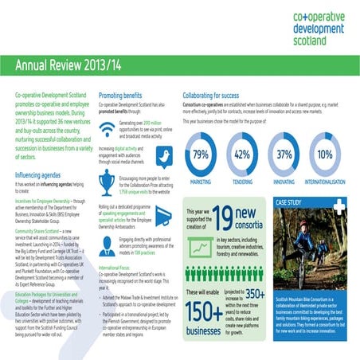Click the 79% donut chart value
pos(201,155)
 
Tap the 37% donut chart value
pos(284,155)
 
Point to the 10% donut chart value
pos(325,155)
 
